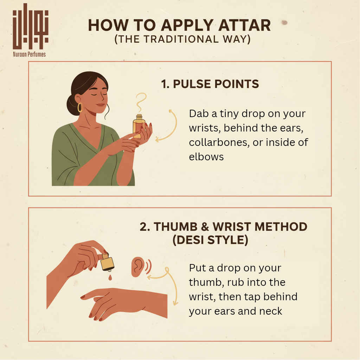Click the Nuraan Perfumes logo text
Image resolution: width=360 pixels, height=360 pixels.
(x=29, y=54)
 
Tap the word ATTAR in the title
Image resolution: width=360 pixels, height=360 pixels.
(x=245, y=25)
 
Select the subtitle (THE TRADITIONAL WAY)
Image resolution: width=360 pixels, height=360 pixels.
(x=182, y=39)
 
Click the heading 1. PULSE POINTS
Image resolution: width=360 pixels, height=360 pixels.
(x=210, y=84)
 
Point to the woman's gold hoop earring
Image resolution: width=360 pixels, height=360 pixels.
(x=80, y=108)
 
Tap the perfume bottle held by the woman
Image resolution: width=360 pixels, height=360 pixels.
(x=139, y=126)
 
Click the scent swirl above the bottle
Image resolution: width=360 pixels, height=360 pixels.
(x=141, y=102)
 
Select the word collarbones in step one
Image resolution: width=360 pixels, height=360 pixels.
(x=219, y=142)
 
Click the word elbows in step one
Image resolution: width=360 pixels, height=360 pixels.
(x=206, y=157)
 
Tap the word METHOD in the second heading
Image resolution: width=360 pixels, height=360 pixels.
(x=281, y=227)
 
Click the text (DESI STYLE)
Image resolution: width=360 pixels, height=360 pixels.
(x=210, y=240)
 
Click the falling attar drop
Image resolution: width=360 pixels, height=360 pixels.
(x=110, y=278)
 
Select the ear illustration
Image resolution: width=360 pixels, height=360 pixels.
(x=138, y=266)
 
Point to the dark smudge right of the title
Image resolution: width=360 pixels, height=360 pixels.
(x=284, y=22)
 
